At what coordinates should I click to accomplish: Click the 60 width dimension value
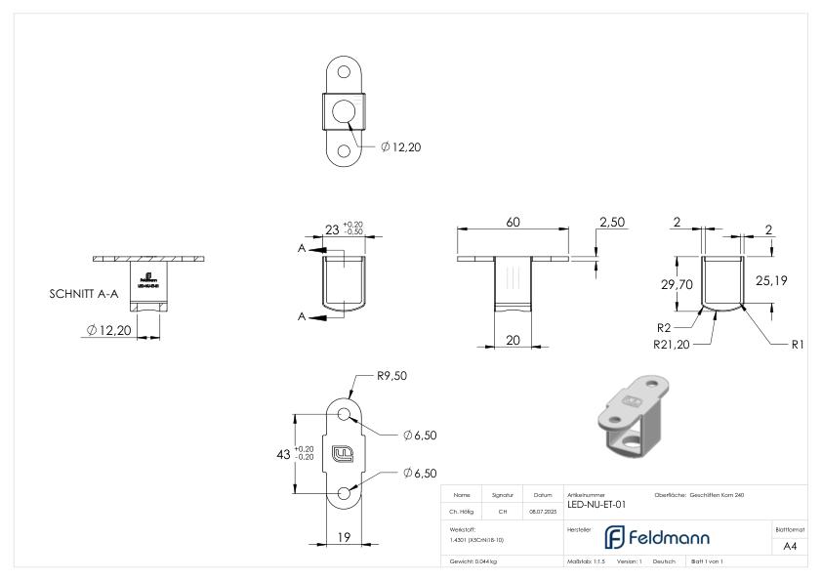513,223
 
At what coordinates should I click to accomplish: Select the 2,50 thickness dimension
611,223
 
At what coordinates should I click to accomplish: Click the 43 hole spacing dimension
283,453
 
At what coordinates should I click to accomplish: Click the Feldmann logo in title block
655,538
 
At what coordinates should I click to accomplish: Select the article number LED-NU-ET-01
596,505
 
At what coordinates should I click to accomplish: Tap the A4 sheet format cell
790,547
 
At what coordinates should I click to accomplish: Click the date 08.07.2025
542,511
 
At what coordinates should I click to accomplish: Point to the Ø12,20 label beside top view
400,147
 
